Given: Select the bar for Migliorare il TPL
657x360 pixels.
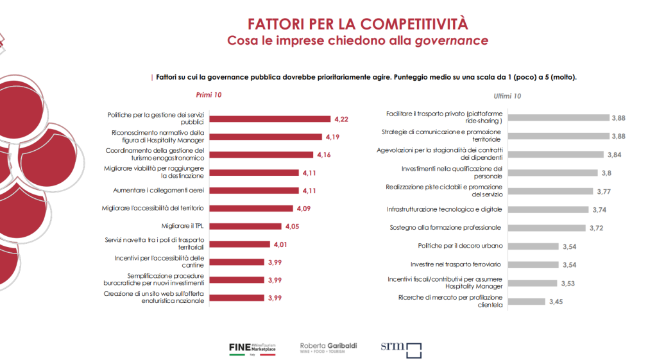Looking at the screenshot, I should (246, 226).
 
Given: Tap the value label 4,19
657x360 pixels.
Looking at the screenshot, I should (332, 137).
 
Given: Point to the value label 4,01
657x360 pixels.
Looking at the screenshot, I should (281, 244).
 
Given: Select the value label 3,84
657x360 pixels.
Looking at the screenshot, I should (616, 155).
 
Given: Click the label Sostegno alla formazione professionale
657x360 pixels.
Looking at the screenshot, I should (454, 228).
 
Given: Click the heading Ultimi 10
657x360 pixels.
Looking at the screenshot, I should (508, 96).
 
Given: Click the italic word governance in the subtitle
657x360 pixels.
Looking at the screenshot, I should (452, 41).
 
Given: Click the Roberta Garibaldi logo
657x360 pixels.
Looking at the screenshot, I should (328, 348).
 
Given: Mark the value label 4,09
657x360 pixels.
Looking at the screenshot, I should (303, 209).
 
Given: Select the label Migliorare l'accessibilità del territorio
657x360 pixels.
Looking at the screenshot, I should (153, 208).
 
